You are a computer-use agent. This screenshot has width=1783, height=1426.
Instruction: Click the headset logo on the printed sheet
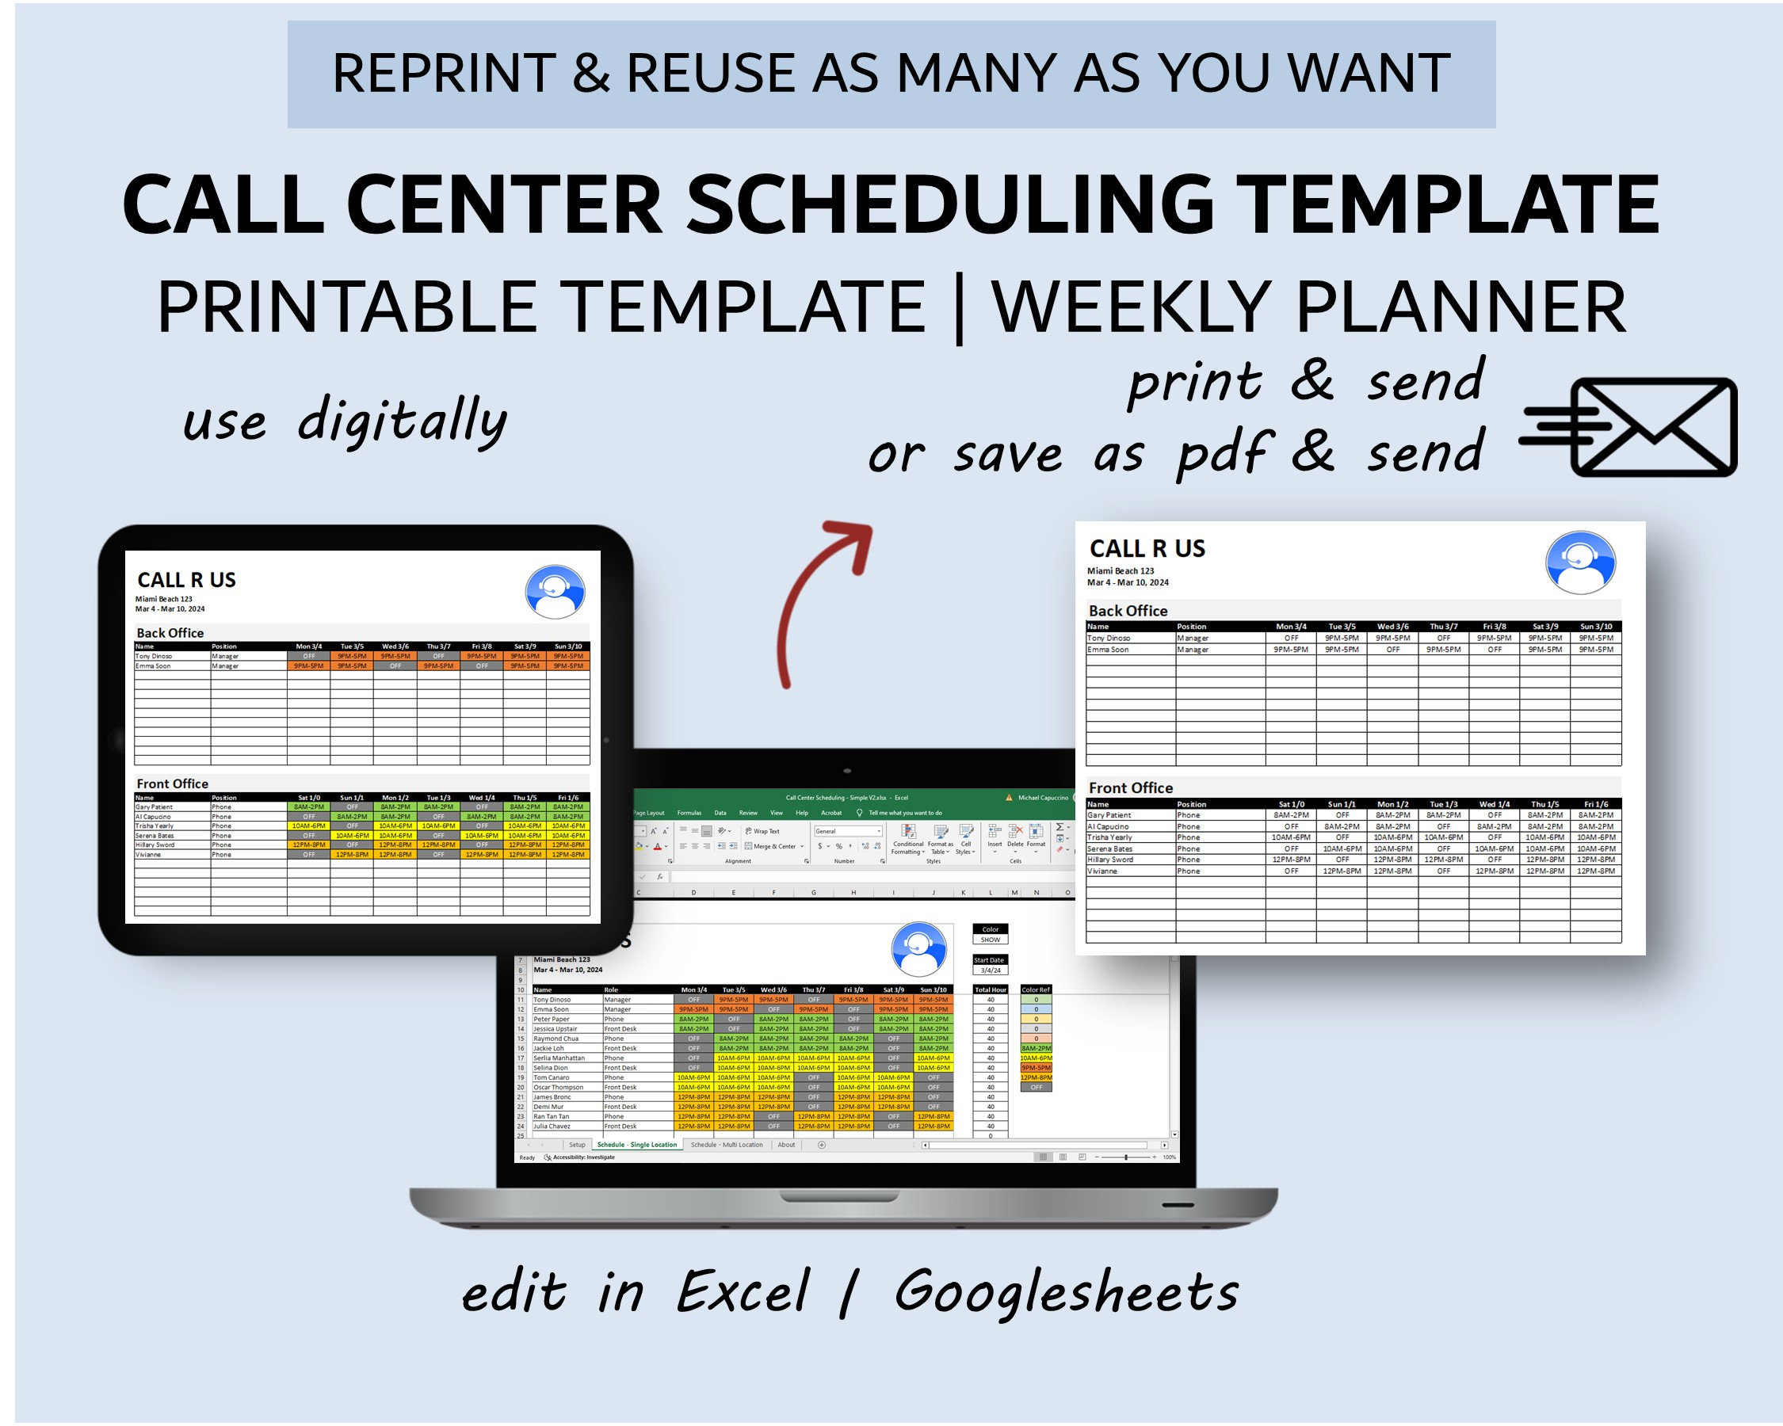click(x=1579, y=562)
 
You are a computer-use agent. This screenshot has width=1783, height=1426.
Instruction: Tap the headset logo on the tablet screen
click(x=555, y=592)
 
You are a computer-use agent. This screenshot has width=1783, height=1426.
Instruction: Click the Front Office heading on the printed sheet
click(x=1130, y=787)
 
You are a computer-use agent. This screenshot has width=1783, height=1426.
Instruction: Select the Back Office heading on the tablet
click(x=170, y=632)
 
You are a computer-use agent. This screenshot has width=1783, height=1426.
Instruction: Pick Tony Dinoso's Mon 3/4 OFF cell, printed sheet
click(x=1291, y=639)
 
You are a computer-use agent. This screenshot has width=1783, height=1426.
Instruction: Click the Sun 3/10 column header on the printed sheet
click(x=1595, y=627)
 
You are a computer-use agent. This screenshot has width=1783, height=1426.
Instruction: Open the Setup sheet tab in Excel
click(x=576, y=1145)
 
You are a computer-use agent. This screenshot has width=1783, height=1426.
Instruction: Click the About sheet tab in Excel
click(x=785, y=1145)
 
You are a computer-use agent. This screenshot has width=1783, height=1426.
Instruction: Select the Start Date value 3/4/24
click(x=990, y=970)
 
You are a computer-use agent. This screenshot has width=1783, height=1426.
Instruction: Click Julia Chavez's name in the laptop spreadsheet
click(x=552, y=1126)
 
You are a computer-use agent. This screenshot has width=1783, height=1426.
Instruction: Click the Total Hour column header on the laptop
click(x=990, y=989)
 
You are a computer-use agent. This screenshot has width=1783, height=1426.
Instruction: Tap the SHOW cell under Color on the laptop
click(x=990, y=940)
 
